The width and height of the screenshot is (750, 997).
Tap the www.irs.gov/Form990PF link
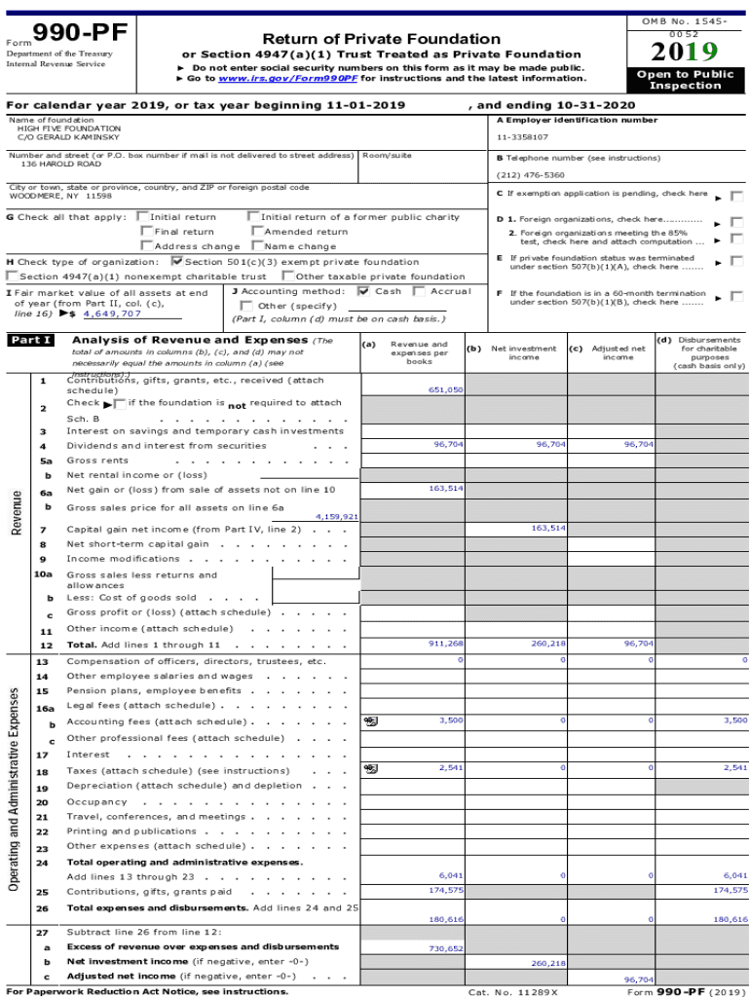tap(275, 78)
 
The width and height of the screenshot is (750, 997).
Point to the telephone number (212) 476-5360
tap(531, 175)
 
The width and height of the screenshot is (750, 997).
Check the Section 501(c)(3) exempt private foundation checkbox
tap(176, 261)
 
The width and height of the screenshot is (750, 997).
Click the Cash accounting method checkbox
tap(363, 291)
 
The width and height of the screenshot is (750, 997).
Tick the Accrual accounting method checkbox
tap(419, 291)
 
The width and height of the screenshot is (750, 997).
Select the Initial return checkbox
tap(144, 217)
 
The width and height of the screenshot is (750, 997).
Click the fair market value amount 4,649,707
tap(112, 314)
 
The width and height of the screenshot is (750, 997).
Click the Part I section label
tap(30, 341)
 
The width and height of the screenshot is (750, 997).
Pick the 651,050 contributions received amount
tap(446, 389)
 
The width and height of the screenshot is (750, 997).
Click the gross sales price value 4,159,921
tap(336, 517)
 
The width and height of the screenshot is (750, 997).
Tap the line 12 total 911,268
tap(446, 644)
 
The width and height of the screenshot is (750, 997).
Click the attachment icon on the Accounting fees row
tap(370, 721)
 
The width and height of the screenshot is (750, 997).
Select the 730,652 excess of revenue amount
tap(446, 947)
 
